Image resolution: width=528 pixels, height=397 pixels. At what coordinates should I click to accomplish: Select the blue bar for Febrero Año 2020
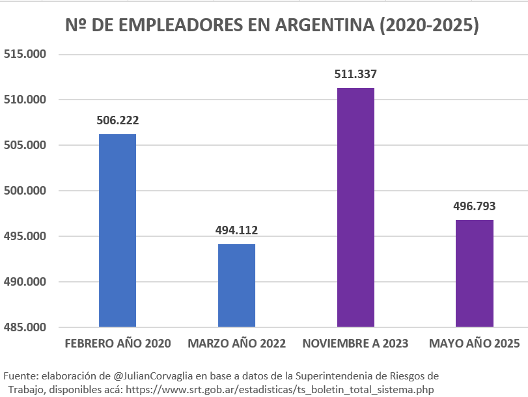tap(117, 230)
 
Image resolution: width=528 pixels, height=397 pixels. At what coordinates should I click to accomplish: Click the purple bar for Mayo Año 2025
tap(474, 273)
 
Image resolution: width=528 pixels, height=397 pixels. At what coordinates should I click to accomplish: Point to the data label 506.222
tap(117, 120)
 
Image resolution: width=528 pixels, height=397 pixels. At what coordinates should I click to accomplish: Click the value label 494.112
tap(236, 230)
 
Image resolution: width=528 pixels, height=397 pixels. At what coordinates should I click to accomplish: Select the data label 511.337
tap(355, 74)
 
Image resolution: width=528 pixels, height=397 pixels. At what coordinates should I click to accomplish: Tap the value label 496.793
tap(474, 206)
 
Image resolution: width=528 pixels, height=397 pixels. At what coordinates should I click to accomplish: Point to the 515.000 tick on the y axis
tap(25, 54)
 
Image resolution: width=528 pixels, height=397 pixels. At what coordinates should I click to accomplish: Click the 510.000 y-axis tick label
tap(25, 100)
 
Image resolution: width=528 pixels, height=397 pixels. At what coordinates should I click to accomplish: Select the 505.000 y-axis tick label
tap(25, 145)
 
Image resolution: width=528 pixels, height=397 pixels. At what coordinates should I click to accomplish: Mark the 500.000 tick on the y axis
tap(25, 191)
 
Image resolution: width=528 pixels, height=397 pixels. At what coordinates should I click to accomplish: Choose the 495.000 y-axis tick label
tap(25, 236)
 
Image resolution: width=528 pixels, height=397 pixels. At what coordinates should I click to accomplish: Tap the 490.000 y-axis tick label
tap(25, 282)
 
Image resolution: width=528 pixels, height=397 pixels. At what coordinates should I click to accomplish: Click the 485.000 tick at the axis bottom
tap(25, 327)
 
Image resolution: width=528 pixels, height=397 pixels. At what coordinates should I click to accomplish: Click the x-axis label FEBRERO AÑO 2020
tap(117, 344)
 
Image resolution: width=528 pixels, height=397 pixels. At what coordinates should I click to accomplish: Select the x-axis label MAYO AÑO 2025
tap(474, 344)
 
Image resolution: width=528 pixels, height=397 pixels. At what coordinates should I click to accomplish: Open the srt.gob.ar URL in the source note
tap(279, 389)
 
